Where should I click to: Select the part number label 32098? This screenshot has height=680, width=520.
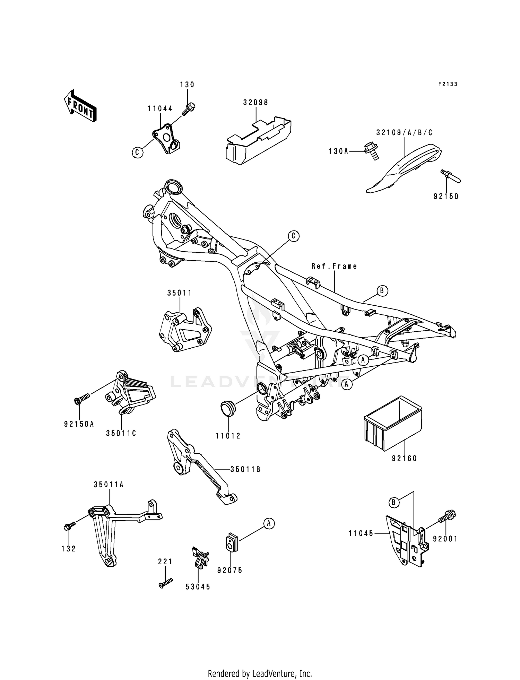coord(256,103)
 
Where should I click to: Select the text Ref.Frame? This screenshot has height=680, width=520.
coord(334,266)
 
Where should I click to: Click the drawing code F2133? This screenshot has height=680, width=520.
coord(448,84)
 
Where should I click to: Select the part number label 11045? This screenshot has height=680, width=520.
coord(361,534)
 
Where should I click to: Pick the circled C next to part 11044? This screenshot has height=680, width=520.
coord(138,152)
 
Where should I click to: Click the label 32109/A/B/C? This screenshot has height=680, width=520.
coord(404,132)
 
